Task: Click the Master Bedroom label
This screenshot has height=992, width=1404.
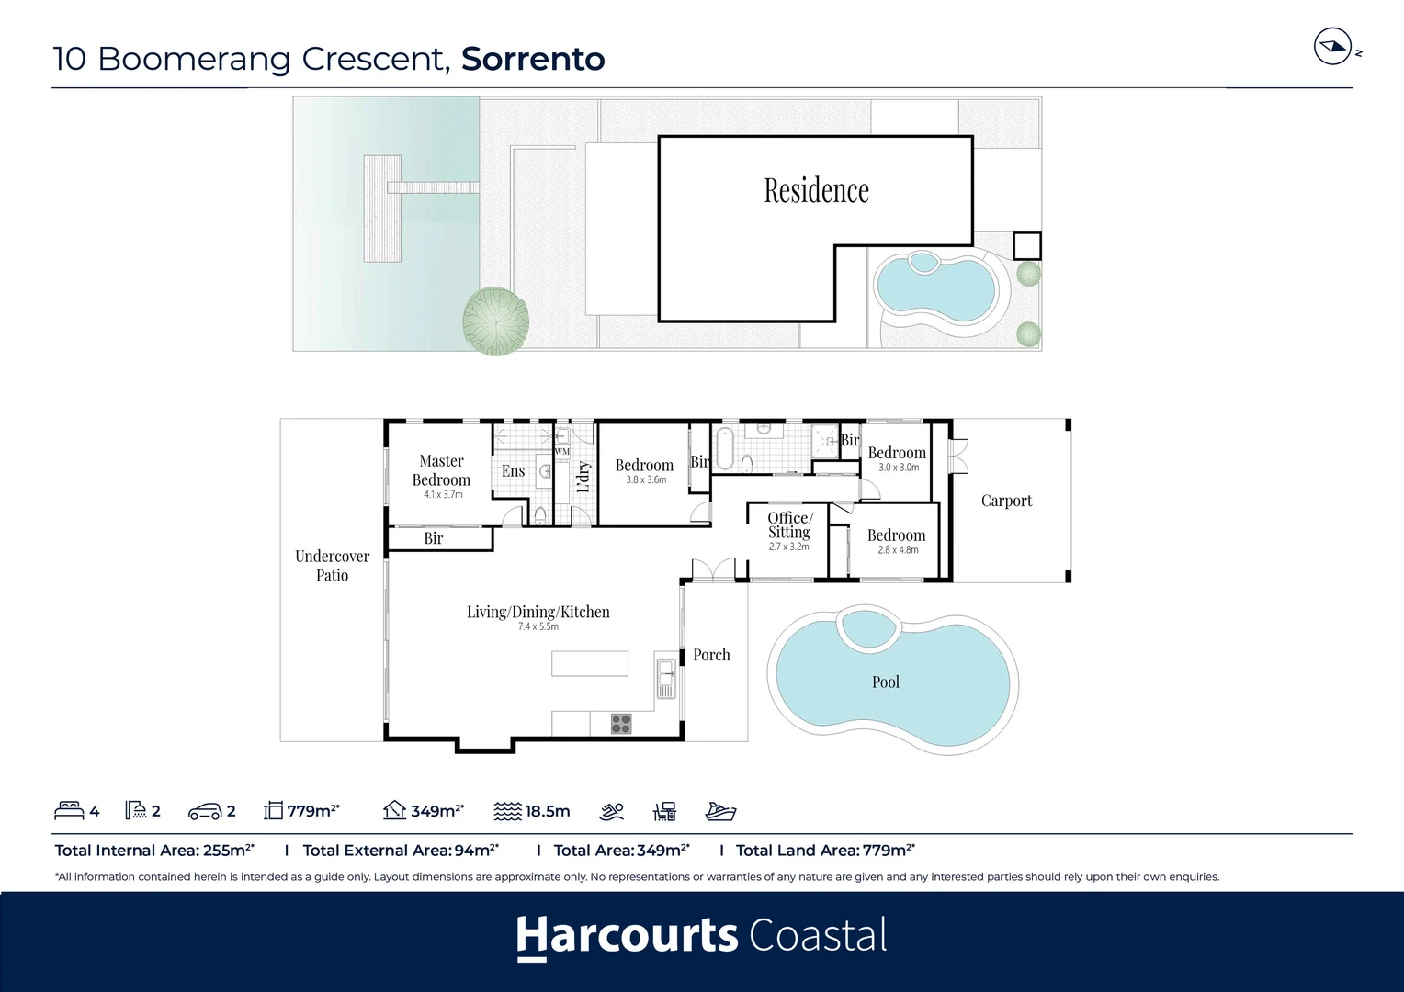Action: [x=441, y=470]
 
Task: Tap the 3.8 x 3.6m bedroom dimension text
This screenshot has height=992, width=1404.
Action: [x=646, y=480]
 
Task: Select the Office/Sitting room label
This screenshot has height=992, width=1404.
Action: [x=789, y=525]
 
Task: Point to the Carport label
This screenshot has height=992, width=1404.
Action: [x=1006, y=501]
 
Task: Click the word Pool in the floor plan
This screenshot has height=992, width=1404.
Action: [x=885, y=682]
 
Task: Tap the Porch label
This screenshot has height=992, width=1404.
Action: [x=711, y=655]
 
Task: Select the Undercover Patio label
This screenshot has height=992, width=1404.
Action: [x=332, y=566]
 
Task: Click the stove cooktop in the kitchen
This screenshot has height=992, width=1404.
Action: [x=621, y=724]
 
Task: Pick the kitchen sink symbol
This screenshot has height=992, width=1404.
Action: [x=665, y=677]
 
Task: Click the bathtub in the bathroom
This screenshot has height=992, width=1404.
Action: [x=725, y=448]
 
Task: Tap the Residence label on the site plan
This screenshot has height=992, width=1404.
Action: [x=816, y=191]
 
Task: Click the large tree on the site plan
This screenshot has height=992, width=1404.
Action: [x=496, y=321]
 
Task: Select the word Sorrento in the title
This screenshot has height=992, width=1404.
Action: [x=533, y=59]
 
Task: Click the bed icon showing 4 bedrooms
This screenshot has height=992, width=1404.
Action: [x=69, y=811]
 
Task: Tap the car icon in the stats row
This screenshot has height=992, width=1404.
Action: [x=204, y=812]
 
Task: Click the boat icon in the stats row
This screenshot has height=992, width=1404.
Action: [x=720, y=811]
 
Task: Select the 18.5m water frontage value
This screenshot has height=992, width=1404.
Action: [x=547, y=811]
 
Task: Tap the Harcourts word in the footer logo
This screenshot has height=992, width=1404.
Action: [x=627, y=936]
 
